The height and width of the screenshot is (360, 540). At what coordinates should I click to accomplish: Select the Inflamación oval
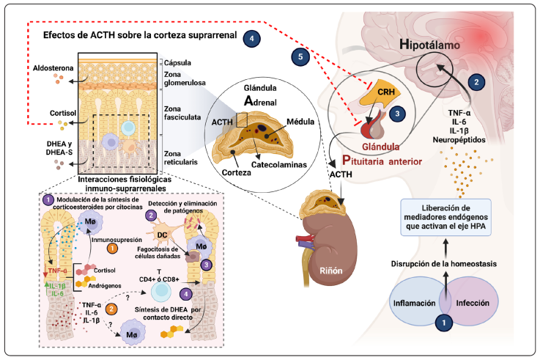421,301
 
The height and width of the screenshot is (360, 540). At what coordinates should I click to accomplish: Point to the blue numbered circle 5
297,55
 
